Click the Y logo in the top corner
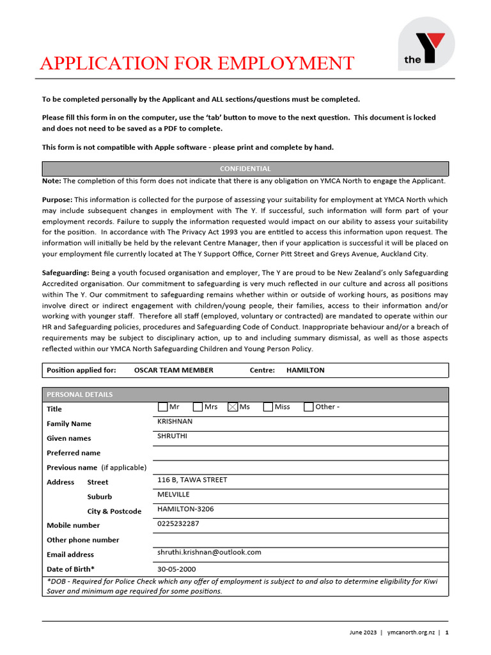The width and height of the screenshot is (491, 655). point(426,43)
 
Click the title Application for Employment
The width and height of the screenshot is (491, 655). point(197,63)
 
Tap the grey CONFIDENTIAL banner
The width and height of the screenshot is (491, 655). point(245,169)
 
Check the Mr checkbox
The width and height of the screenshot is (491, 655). point(162,407)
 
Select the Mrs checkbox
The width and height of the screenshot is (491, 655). point(198,407)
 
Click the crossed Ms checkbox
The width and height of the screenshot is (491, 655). point(233,407)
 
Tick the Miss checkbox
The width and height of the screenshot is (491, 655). point(268,407)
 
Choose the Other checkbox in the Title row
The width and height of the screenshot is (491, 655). point(308,407)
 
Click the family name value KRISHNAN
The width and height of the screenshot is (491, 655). point(175,422)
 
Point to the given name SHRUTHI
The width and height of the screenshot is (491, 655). point(171,436)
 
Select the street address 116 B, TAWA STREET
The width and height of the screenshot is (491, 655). point(192,480)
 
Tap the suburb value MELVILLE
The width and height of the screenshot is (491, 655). point(173,494)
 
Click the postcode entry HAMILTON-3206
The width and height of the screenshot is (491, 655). point(185,509)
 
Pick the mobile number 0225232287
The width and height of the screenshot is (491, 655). point(178,524)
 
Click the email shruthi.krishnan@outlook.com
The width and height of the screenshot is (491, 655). point(209,552)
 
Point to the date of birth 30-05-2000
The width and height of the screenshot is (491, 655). point(176,569)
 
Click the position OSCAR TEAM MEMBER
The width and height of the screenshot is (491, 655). point(174,370)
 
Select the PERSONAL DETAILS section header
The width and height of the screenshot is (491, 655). point(80,395)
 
